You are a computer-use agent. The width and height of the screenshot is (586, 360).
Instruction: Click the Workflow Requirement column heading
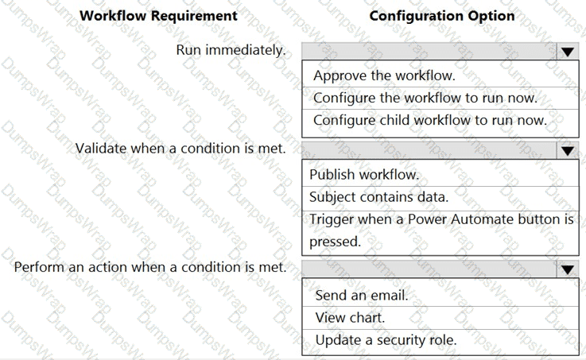pyautogui.click(x=158, y=16)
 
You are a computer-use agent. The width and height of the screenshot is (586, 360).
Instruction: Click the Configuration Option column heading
pyautogui.click(x=442, y=16)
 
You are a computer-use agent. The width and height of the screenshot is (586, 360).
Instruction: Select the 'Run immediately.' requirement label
pyautogui.click(x=231, y=50)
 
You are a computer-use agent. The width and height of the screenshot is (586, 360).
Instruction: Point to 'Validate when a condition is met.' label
pyautogui.click(x=180, y=149)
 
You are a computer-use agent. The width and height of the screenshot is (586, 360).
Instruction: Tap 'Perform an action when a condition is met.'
pyautogui.click(x=150, y=267)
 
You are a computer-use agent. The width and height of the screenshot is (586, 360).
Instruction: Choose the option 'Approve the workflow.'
pyautogui.click(x=384, y=75)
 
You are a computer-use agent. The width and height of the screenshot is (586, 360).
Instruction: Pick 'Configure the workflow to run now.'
pyautogui.click(x=425, y=98)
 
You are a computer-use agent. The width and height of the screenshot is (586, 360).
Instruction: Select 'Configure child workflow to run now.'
pyautogui.click(x=430, y=120)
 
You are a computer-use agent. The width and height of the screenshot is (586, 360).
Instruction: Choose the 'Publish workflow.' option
pyautogui.click(x=364, y=174)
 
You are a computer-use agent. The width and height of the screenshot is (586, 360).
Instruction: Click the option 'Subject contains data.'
pyautogui.click(x=378, y=197)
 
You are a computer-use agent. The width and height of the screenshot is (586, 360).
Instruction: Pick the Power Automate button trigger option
pyautogui.click(x=441, y=230)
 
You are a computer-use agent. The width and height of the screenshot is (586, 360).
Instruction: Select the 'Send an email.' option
pyautogui.click(x=362, y=295)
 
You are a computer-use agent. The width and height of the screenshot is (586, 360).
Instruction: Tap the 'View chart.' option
pyautogui.click(x=350, y=317)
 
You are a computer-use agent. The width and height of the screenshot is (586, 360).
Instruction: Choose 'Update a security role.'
pyautogui.click(x=386, y=340)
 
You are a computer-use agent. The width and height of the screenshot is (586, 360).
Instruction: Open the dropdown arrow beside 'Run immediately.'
pyautogui.click(x=567, y=52)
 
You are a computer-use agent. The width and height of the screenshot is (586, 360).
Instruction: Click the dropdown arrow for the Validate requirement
pyautogui.click(x=567, y=150)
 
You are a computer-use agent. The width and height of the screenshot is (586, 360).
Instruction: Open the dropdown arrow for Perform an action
pyautogui.click(x=567, y=269)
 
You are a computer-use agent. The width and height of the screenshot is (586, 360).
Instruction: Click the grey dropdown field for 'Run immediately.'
pyautogui.click(x=429, y=51)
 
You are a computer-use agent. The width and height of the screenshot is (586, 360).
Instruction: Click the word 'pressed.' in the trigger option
pyautogui.click(x=335, y=242)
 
